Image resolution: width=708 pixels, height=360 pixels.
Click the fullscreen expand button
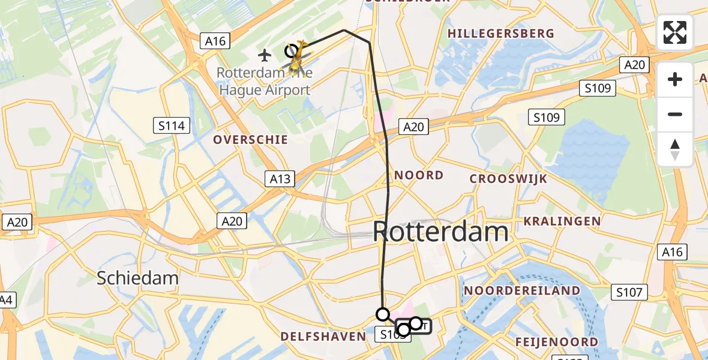(x=675, y=32)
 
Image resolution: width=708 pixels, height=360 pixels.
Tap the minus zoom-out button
(x=675, y=114)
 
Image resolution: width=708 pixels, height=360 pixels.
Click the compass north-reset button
(x=675, y=149)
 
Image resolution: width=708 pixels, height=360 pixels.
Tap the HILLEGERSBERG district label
(x=500, y=34)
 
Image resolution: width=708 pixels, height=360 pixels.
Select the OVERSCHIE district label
(x=251, y=140)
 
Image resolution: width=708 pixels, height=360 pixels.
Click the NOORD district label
(x=419, y=175)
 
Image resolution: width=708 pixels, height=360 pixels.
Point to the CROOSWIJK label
(x=500, y=179)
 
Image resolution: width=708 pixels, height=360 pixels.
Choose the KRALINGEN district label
(x=562, y=221)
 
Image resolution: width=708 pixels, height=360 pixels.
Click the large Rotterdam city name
(x=441, y=232)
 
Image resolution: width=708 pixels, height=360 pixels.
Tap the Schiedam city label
(x=138, y=278)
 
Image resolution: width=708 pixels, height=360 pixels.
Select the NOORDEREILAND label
(x=522, y=291)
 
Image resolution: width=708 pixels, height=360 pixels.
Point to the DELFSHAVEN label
(x=323, y=337)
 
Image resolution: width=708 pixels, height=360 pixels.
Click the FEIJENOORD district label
(x=556, y=342)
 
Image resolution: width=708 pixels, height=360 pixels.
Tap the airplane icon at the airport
(x=265, y=55)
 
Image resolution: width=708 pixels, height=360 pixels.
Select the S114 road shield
(x=172, y=126)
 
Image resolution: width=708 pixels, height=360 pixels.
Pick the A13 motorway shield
(x=280, y=178)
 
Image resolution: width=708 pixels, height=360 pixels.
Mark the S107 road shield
(x=629, y=293)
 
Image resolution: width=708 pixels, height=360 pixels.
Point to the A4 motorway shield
(x=6, y=299)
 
